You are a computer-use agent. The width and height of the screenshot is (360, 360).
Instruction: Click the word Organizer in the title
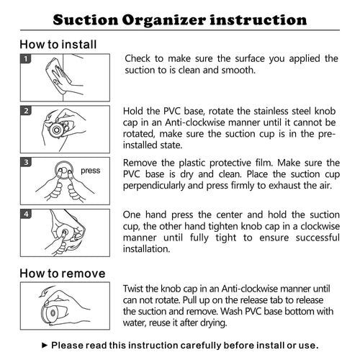point(164,20)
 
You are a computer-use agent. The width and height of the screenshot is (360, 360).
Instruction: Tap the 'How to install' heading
point(58,45)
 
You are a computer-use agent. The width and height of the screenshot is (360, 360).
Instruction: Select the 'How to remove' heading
point(63,274)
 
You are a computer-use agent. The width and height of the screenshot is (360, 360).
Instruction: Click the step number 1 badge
point(26,59)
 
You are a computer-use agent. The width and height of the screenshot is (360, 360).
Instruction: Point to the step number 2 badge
point(26,111)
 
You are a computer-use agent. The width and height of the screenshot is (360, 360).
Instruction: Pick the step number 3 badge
point(26,162)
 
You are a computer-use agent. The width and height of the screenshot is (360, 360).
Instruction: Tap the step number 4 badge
point(26,214)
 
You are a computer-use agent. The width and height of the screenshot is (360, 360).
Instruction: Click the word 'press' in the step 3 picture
point(90,171)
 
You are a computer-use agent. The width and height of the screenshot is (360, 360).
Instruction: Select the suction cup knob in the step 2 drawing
point(57,130)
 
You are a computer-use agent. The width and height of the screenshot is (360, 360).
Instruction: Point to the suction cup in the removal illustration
point(53,312)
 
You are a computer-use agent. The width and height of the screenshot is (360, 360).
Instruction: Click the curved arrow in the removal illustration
point(46,291)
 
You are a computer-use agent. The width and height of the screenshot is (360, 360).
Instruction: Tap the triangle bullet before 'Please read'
point(45,346)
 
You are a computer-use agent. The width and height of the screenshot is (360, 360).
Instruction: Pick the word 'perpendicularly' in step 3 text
point(154,186)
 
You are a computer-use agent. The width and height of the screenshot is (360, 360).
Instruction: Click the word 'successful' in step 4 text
point(318,238)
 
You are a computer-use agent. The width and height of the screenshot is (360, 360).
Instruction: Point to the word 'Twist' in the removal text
point(133,289)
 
